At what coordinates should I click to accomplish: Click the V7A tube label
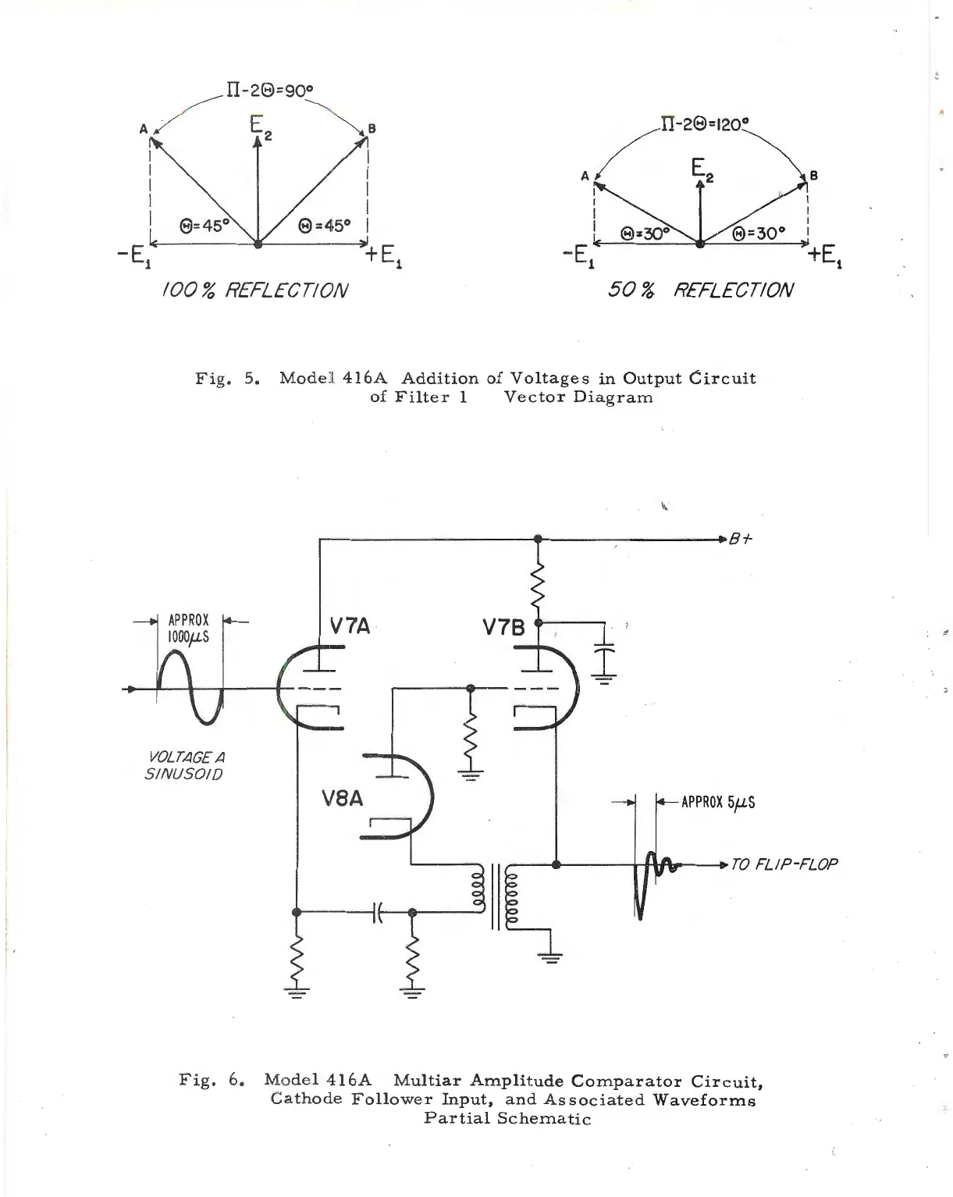[x=349, y=626]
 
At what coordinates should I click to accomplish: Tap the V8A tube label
[x=343, y=800]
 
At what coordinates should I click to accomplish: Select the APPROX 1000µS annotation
[x=189, y=628]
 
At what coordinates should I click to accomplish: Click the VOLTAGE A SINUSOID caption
[x=185, y=765]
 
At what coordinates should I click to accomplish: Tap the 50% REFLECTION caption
[x=700, y=290]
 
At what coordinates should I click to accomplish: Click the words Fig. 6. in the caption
[x=212, y=1081]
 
